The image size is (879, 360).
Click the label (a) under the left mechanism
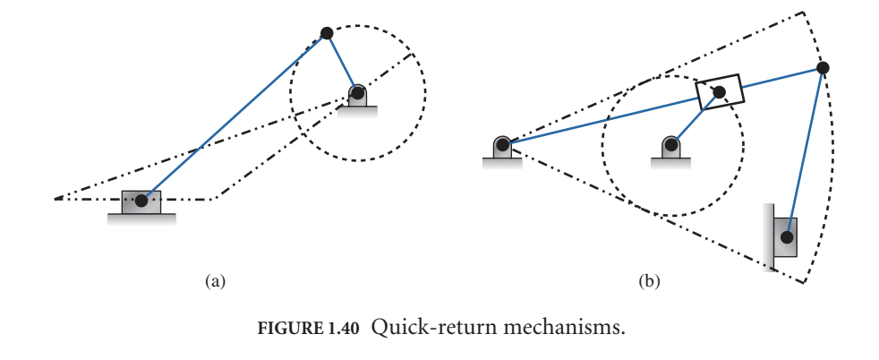[213, 281]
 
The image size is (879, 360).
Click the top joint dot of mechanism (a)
[327, 33]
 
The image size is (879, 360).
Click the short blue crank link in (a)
[341, 62]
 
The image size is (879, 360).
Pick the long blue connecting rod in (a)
[233, 117]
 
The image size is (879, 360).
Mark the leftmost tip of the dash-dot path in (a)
[55, 198]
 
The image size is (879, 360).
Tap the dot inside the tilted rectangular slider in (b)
[718, 91]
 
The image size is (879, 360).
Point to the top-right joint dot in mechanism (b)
[823, 67]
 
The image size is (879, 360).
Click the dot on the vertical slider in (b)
[786, 237]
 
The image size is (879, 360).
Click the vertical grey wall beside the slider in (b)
[769, 237]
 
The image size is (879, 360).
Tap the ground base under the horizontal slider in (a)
[141, 218]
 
